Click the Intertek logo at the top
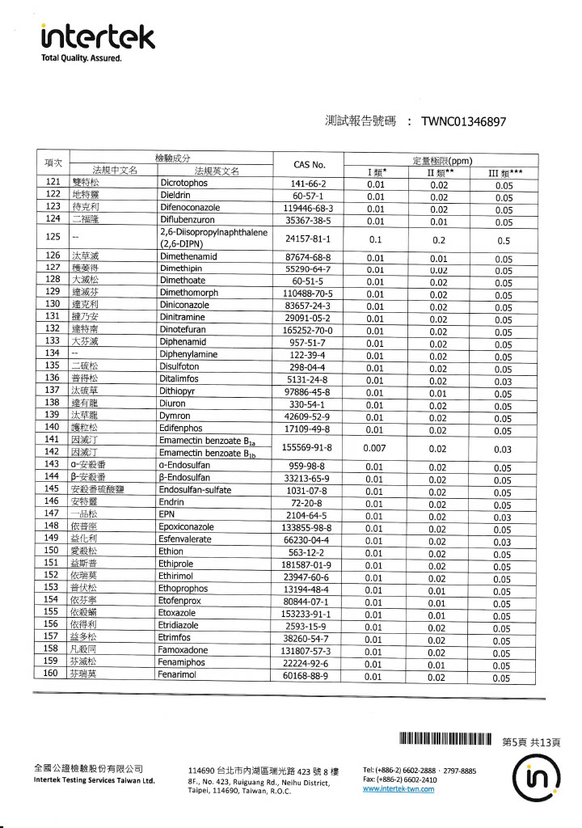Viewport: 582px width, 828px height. [97, 37]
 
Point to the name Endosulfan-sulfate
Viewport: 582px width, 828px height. [195, 490]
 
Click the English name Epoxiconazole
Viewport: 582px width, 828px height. [186, 526]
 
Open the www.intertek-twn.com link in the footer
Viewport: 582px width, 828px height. [399, 789]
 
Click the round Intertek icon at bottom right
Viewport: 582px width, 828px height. [535, 780]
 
